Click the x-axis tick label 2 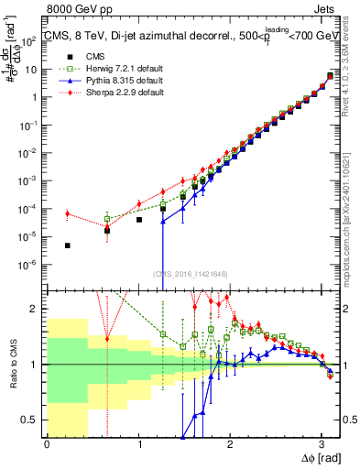230,443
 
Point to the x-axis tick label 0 47,443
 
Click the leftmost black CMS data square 68,245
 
